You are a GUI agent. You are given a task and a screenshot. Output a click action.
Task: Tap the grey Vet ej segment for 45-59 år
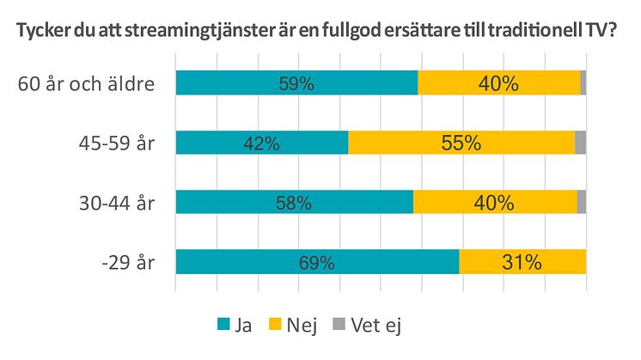[x=580, y=143]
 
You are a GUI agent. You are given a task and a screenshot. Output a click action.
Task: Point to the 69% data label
[x=316, y=263]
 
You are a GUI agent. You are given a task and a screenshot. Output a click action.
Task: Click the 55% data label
[x=461, y=143]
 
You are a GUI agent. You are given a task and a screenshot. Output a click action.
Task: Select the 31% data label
[x=522, y=263]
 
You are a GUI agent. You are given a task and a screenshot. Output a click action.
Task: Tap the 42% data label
[x=262, y=143]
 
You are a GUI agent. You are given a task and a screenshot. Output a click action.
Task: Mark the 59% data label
[x=296, y=84]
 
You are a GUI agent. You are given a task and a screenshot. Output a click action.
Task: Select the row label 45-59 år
[x=115, y=143]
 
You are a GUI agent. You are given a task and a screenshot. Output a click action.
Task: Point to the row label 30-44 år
[x=115, y=203]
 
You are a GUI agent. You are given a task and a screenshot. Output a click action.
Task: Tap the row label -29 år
[x=126, y=262]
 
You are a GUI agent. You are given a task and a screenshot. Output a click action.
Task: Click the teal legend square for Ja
[x=224, y=325]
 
